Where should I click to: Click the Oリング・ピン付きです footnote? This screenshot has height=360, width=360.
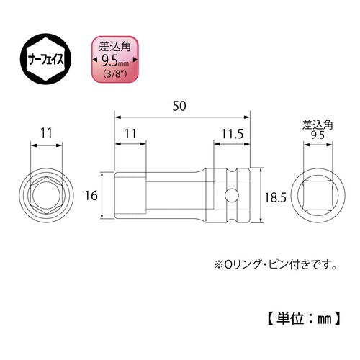[x=276, y=264]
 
